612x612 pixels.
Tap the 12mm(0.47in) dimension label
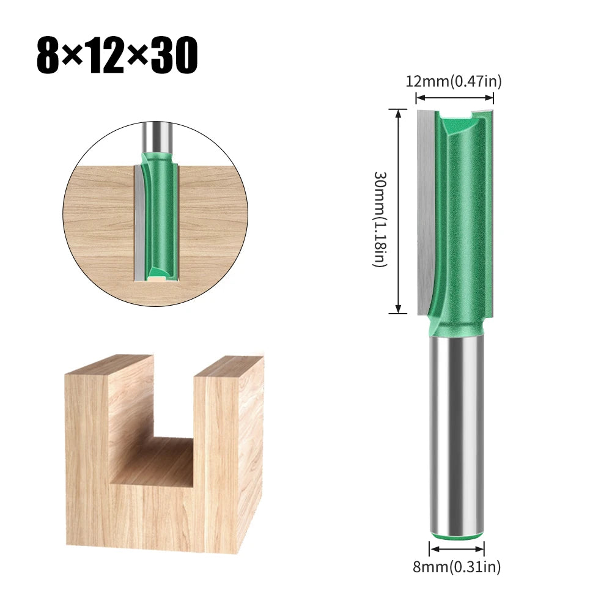click(x=454, y=81)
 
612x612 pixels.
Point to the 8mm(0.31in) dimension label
click(x=457, y=567)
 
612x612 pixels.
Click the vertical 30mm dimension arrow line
click(x=399, y=211)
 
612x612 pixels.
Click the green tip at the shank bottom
click(x=457, y=536)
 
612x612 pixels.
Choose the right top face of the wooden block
click(x=229, y=364)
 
